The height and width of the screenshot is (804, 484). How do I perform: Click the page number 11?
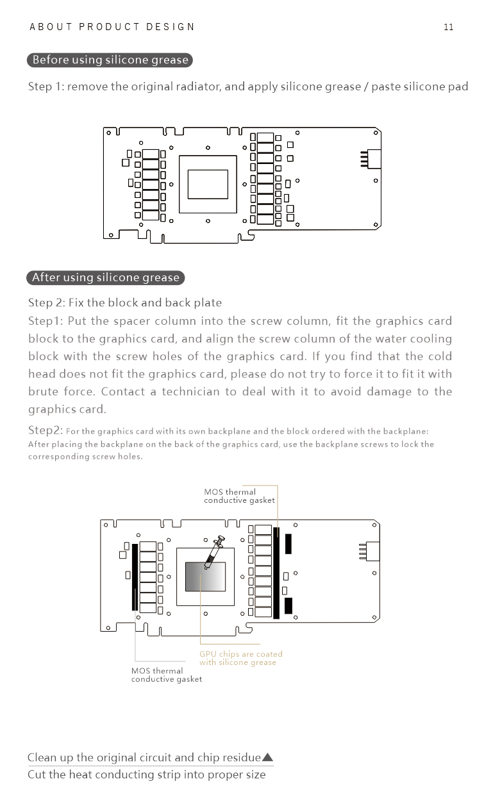[449, 28]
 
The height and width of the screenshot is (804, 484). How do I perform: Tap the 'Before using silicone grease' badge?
[110, 60]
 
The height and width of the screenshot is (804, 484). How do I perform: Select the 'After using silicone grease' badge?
[106, 278]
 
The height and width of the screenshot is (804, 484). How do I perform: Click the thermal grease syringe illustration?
[214, 552]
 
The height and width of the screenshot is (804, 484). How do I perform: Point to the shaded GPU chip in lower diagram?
[205, 577]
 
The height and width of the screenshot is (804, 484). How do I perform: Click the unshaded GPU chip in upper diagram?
[208, 184]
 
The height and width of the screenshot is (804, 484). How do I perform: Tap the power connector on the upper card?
[371, 159]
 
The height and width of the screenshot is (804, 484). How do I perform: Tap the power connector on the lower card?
[369, 551]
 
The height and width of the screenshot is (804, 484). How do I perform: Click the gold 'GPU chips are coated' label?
[241, 658]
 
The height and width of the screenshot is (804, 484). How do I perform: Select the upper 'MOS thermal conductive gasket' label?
[239, 496]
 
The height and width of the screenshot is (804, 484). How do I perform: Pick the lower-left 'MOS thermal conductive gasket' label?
[167, 675]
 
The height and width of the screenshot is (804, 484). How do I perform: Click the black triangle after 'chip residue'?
[267, 757]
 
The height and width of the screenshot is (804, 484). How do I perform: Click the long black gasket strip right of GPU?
[276, 573]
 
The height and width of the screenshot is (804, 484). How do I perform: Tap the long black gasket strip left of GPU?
[135, 577]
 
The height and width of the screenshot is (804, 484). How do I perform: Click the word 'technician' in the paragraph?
[190, 391]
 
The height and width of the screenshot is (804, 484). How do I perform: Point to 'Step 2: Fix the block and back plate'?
[125, 302]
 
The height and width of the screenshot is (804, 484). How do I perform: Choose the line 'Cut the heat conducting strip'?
[147, 775]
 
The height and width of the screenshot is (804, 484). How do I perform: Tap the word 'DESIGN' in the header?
[170, 27]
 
